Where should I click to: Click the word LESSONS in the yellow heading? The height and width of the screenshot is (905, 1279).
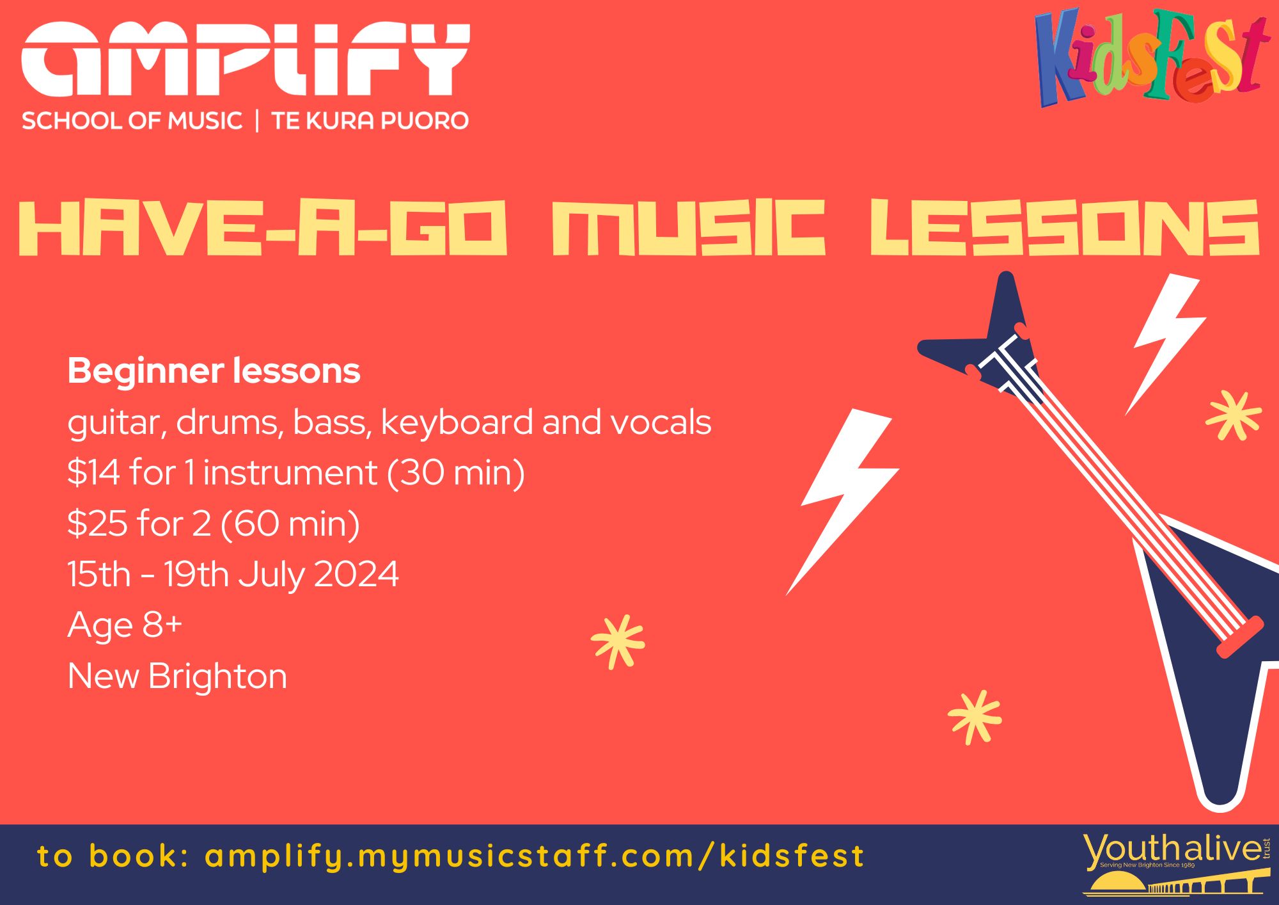pyautogui.click(x=1063, y=228)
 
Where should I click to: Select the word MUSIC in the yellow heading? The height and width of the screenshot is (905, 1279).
pyautogui.click(x=689, y=228)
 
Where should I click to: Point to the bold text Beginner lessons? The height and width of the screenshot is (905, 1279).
pyautogui.click(x=214, y=371)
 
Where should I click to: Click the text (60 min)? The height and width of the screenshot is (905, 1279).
pyautogui.click(x=290, y=523)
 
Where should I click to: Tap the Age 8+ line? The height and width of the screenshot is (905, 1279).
pyautogui.click(x=125, y=625)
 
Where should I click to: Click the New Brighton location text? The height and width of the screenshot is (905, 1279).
pyautogui.click(x=177, y=676)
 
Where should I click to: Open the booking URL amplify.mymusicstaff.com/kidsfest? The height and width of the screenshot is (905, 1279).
pyautogui.click(x=535, y=856)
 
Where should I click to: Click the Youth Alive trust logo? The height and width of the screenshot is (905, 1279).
pyautogui.click(x=1175, y=863)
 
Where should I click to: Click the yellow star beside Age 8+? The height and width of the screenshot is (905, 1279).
pyautogui.click(x=618, y=641)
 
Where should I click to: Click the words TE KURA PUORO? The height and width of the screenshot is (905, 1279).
pyautogui.click(x=370, y=121)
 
